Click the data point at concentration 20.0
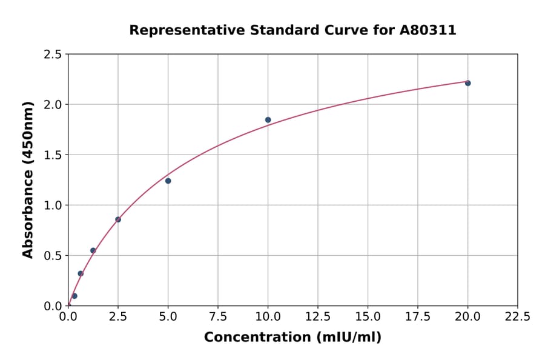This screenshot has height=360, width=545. (x=467, y=83)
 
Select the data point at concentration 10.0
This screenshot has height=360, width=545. (x=268, y=120)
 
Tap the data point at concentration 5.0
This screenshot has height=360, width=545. (x=168, y=181)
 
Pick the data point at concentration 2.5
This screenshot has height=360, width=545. (x=118, y=219)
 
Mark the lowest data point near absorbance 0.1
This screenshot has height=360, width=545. (x=74, y=296)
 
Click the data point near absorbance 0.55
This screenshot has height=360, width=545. (x=93, y=250)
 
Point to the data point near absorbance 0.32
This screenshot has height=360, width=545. (x=81, y=273)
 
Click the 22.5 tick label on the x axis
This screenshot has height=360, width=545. (x=517, y=317)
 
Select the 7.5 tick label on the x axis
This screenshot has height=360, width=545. (x=218, y=317)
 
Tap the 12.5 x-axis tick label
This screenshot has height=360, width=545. (x=318, y=317)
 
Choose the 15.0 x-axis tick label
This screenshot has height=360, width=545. (x=368, y=317)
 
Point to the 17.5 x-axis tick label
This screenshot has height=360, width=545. (x=418, y=317)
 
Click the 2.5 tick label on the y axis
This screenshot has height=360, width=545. (x=53, y=55)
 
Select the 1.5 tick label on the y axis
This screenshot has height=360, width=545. (x=53, y=155)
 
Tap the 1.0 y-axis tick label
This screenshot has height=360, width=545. (x=53, y=205)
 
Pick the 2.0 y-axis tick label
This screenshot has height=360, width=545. (x=53, y=105)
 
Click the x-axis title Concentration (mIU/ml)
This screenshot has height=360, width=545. (x=292, y=338)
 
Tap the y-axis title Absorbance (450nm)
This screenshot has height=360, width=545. (x=28, y=179)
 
